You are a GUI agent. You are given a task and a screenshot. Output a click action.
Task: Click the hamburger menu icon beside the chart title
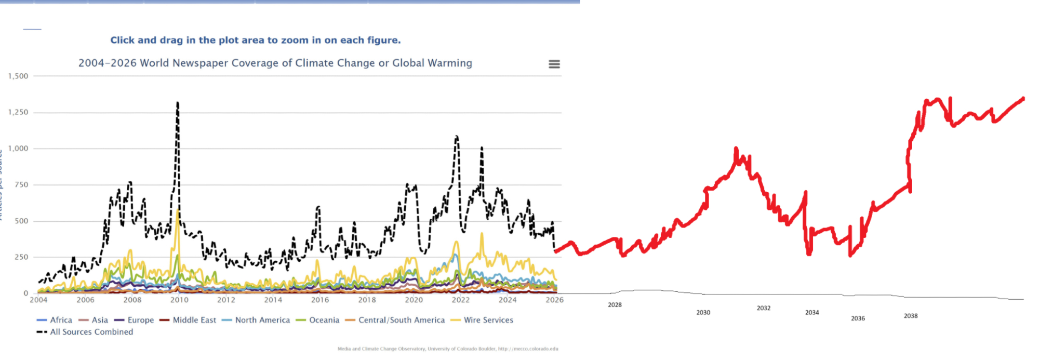pyautogui.click(x=554, y=64)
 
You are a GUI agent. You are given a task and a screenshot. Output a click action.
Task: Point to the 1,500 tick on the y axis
pyautogui.click(x=18, y=76)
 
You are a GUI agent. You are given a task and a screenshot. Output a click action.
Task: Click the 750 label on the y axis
pyautogui.click(x=21, y=184)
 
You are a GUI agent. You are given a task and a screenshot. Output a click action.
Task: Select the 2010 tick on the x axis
pyautogui.click(x=179, y=300)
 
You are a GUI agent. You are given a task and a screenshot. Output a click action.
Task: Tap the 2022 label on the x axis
pyautogui.click(x=461, y=300)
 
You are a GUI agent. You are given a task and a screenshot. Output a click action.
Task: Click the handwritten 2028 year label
pyautogui.click(x=615, y=305)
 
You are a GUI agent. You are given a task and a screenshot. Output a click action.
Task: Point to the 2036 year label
pyautogui.click(x=858, y=318)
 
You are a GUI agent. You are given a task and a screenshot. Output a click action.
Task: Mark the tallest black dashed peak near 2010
pyautogui.click(x=178, y=103)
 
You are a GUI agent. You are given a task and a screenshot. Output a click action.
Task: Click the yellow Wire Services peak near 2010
pyautogui.click(x=178, y=211)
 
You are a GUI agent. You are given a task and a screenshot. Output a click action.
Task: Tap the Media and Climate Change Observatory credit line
pyautogui.click(x=448, y=349)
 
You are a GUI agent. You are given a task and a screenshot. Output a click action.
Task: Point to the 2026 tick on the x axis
pyautogui.click(x=554, y=300)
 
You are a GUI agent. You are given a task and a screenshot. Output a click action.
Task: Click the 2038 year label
pyautogui.click(x=910, y=316)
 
